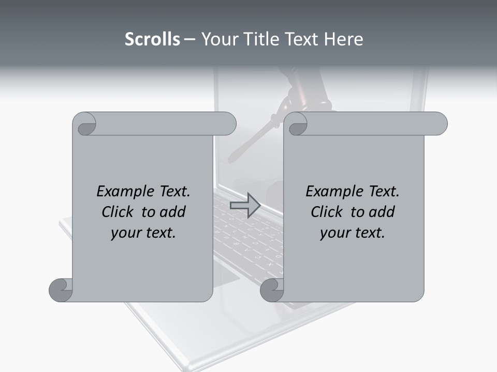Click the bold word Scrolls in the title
(x=152, y=39)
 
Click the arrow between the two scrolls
(x=245, y=205)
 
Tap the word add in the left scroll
(x=172, y=212)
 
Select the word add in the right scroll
(x=381, y=212)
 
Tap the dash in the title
(x=190, y=39)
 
